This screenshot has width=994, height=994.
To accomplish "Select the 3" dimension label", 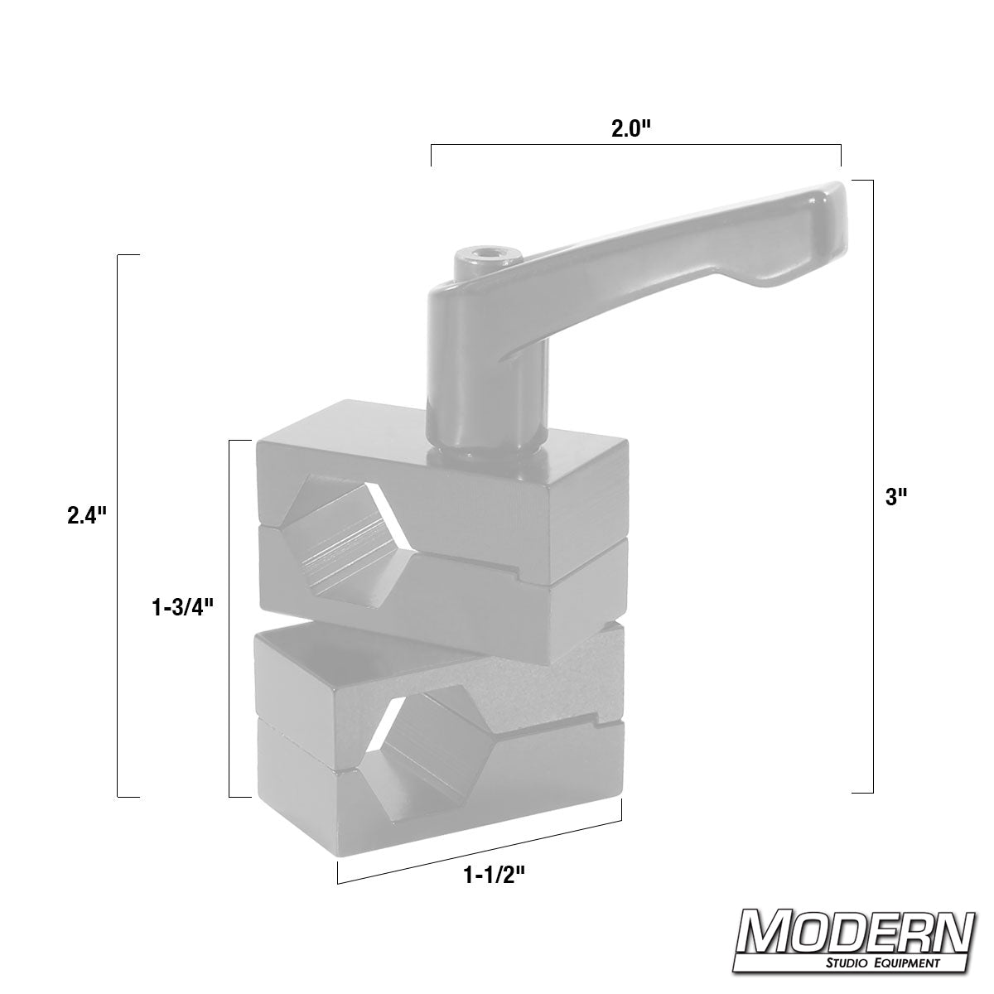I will (x=897, y=498).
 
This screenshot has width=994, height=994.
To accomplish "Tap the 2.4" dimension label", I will (x=88, y=515).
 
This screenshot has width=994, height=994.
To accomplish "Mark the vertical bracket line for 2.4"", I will (x=118, y=525).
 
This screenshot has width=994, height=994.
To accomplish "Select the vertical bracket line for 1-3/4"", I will (x=229, y=618).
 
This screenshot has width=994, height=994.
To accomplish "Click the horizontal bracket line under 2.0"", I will (x=635, y=146).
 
